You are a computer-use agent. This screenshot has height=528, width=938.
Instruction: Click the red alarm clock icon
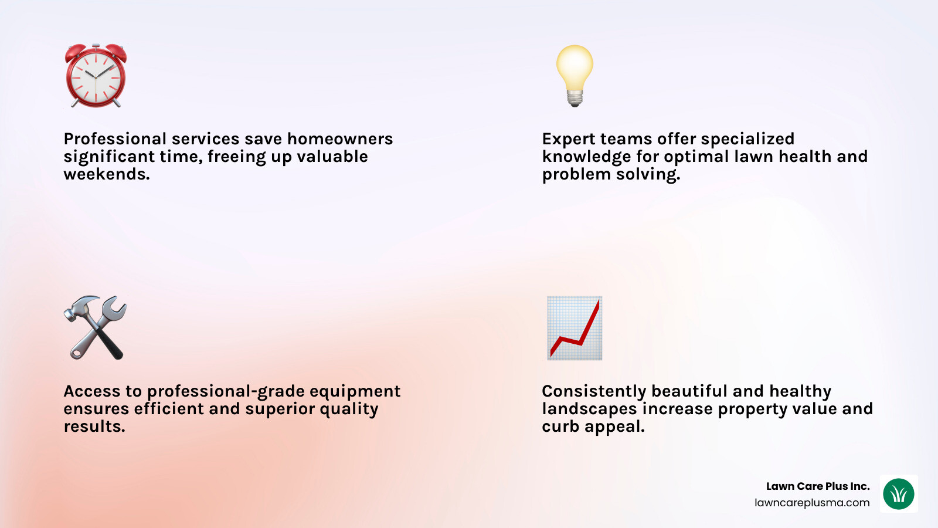point(96,76)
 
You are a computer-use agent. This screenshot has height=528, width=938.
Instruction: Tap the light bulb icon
point(575,75)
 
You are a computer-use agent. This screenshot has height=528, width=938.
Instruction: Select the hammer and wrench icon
point(95,327)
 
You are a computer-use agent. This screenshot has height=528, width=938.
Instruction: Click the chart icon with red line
point(575,327)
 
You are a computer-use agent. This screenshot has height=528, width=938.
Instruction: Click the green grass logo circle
point(899,494)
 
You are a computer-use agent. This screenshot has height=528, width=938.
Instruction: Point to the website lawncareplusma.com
point(812,503)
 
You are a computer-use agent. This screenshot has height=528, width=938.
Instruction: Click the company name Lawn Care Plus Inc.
point(818,486)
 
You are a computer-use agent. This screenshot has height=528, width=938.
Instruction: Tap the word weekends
point(106,174)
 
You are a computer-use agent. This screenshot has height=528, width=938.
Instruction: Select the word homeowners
point(340,139)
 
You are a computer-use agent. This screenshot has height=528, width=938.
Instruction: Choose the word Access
point(92,391)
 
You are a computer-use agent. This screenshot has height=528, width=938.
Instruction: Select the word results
point(94,427)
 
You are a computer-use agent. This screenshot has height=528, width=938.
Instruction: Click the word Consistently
point(594,391)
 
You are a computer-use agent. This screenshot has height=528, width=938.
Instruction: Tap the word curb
point(560,427)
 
